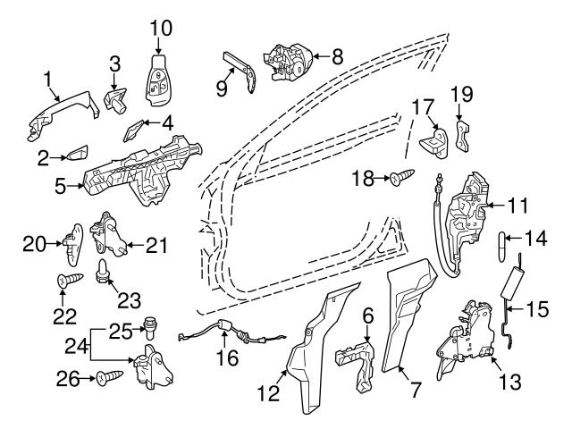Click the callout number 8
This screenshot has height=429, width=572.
[336, 56]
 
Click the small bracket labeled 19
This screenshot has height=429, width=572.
[461, 137]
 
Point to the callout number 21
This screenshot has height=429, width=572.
[157, 242]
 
